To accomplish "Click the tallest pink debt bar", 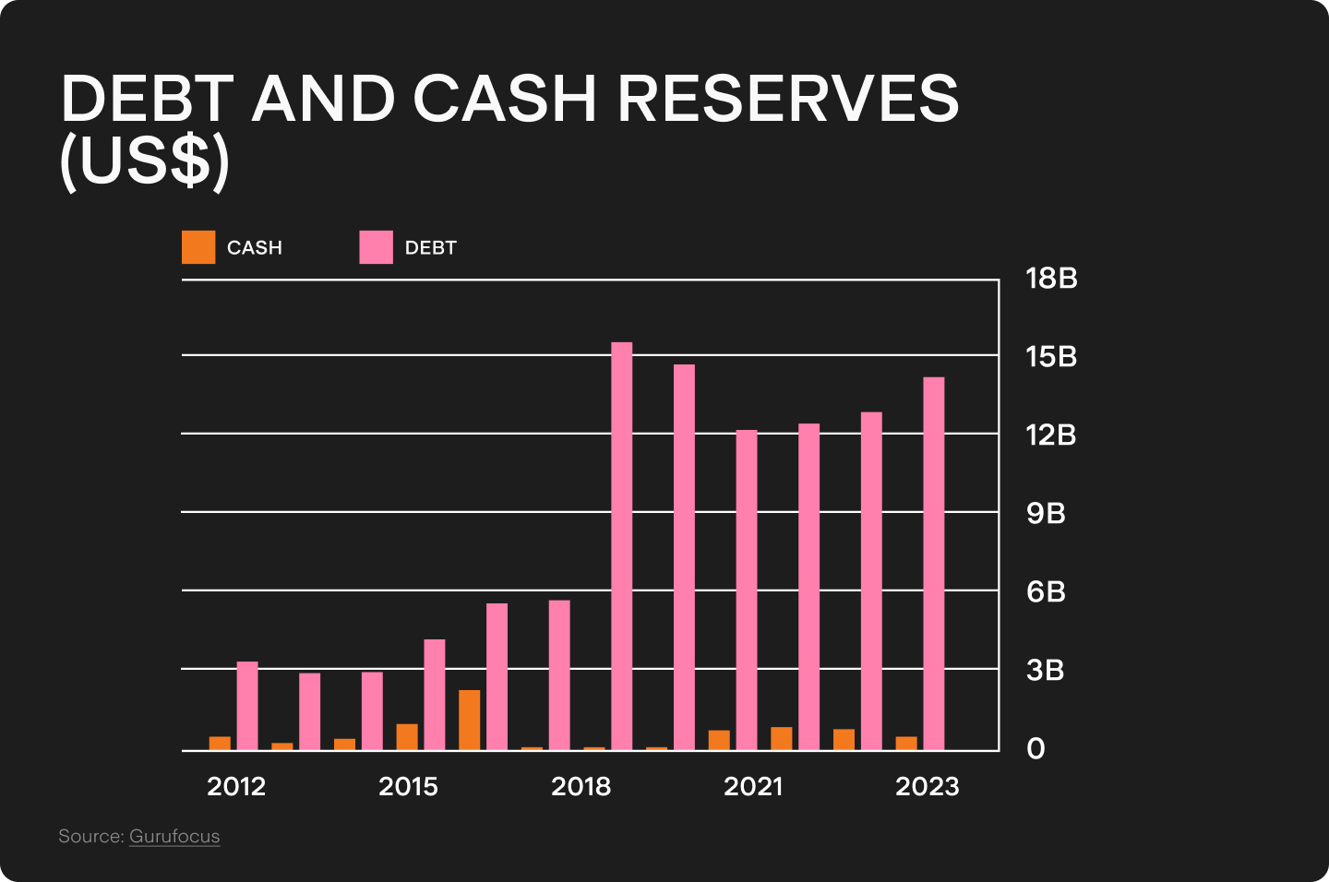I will tap(622, 546).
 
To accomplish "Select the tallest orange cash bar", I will tap(469, 720).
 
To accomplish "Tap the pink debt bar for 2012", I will tap(247, 706).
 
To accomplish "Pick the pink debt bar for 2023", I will tap(934, 564).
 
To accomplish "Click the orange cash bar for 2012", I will tap(220, 743).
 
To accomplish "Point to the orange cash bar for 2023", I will tap(906, 743).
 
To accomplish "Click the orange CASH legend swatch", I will tap(198, 247).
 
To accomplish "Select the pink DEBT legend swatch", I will tap(376, 247).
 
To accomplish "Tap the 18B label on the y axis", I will tap(1051, 279).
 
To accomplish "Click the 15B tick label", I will tap(1051, 357).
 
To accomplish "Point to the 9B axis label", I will tap(1046, 513).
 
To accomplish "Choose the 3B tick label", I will tap(1045, 670).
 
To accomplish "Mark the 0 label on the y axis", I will tap(1036, 748).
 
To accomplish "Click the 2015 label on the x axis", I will tap(408, 787).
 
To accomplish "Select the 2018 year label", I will tap(581, 787).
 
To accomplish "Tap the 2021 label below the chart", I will tap(753, 787).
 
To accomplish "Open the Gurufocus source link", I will tap(174, 837).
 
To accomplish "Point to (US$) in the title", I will tap(144, 162).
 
